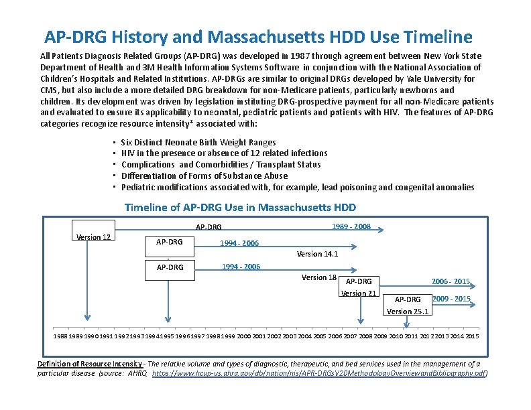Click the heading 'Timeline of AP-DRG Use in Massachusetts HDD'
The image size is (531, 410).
click(x=240, y=207)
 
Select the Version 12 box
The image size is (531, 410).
click(x=94, y=237)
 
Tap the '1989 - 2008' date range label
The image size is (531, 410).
click(x=351, y=226)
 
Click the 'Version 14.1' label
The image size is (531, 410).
click(x=317, y=254)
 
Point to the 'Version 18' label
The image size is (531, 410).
click(x=318, y=277)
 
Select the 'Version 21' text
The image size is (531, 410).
click(x=359, y=293)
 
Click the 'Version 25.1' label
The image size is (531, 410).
click(x=408, y=311)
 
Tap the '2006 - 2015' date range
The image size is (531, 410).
click(x=451, y=282)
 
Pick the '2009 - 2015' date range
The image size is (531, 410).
click(x=452, y=299)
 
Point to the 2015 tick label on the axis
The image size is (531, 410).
click(x=472, y=336)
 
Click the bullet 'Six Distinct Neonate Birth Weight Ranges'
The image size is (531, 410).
click(x=198, y=142)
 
